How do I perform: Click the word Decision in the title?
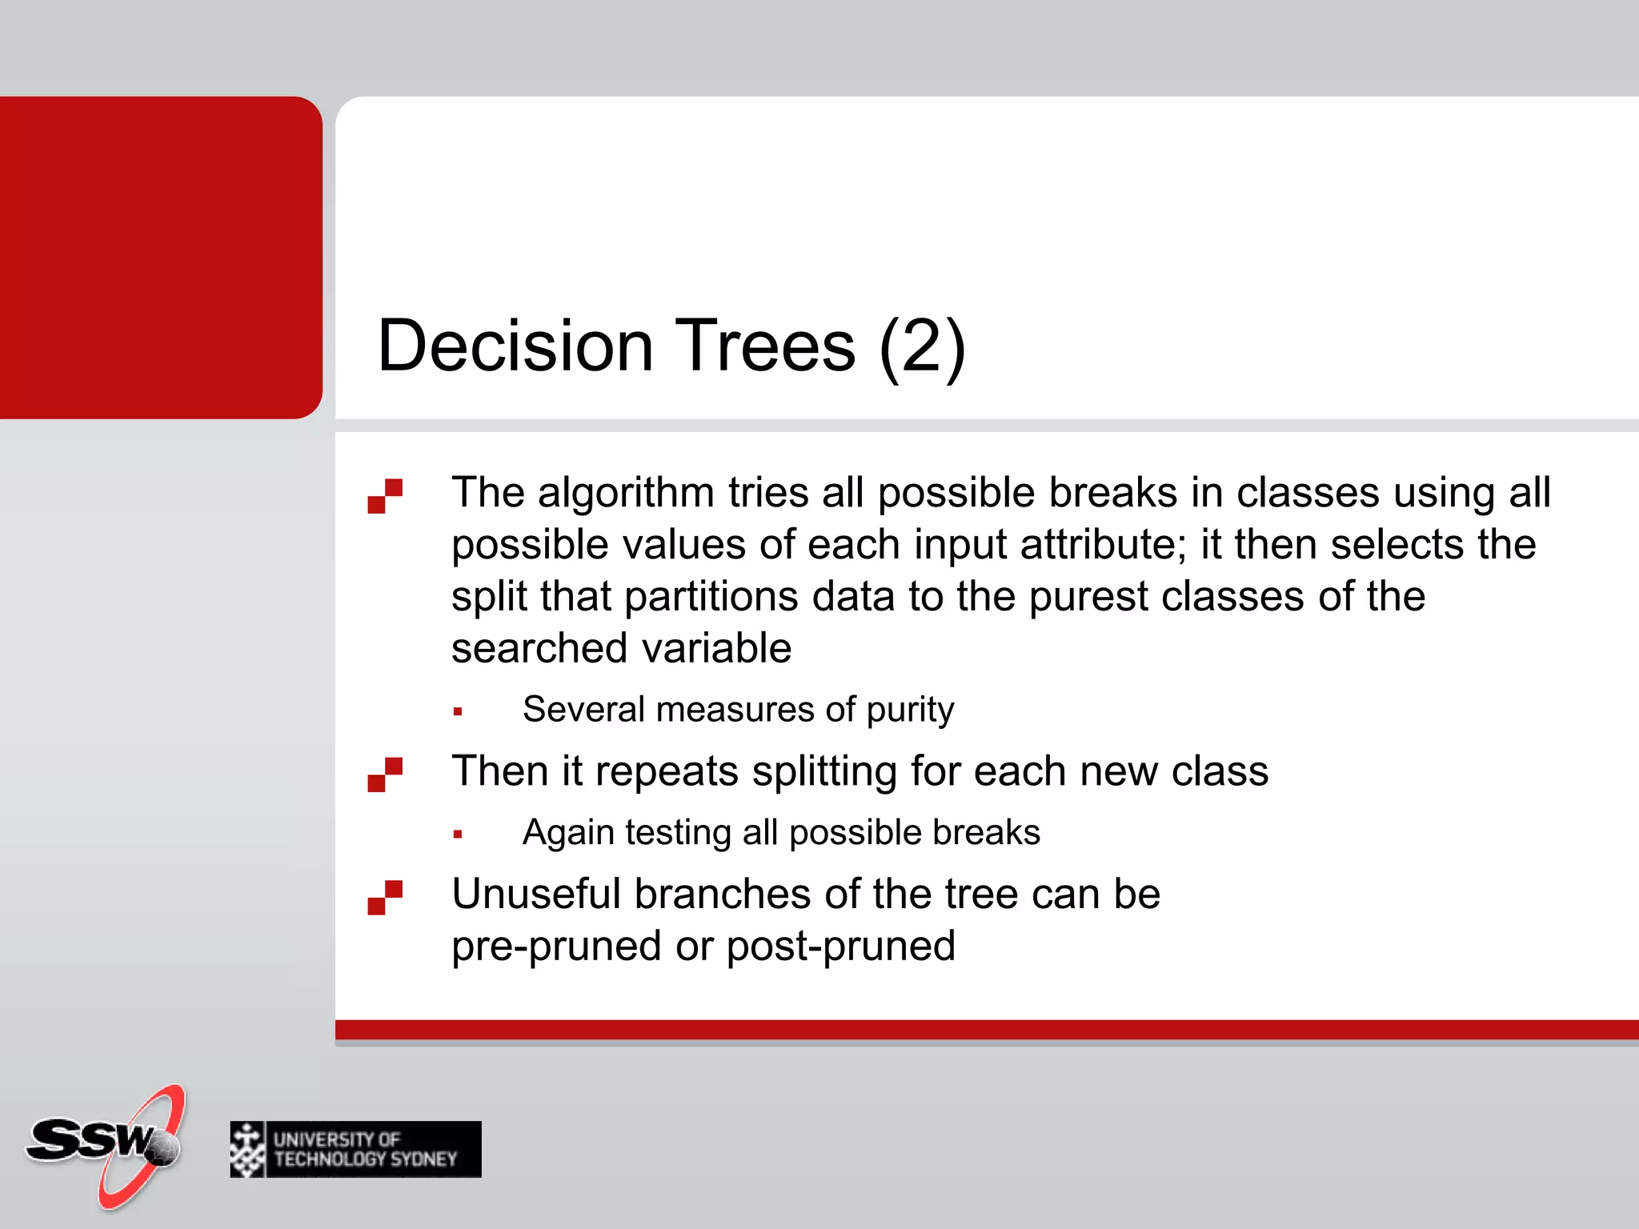(x=515, y=346)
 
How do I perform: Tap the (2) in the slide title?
(x=921, y=346)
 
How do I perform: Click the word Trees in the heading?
(x=765, y=346)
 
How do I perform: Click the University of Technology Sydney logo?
(x=355, y=1149)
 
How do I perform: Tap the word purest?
(x=1088, y=597)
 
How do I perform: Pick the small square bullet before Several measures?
(x=458, y=711)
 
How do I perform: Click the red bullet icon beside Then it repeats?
(x=385, y=775)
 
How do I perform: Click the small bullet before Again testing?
(x=458, y=835)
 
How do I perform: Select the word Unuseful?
(x=535, y=894)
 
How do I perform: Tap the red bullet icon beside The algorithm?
(x=385, y=496)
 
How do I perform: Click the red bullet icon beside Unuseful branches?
(x=385, y=897)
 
